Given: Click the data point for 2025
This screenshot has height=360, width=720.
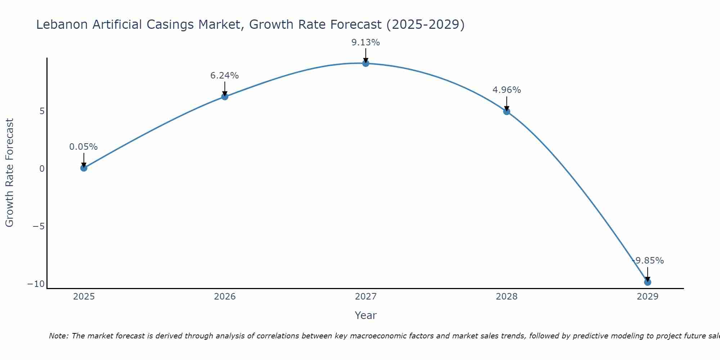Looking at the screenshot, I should (84, 168).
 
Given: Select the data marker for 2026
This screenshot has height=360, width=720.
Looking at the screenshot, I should (225, 96).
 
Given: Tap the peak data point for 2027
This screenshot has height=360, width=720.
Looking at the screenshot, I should (366, 63).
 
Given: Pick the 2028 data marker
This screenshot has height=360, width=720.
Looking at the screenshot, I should (507, 112).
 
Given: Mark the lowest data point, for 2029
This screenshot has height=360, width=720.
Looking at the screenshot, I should (648, 282).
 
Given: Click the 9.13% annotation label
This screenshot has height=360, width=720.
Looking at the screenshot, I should (366, 42).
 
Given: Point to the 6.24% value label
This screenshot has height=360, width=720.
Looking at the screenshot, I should (225, 76).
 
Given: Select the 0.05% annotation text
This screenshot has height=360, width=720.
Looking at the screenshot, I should (84, 147).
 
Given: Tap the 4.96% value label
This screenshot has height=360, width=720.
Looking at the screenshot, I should (507, 90).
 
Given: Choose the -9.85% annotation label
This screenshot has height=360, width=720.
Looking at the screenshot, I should (648, 261).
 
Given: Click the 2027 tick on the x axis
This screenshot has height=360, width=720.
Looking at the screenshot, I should (366, 297).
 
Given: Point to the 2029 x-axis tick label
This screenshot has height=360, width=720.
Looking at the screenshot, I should (648, 297).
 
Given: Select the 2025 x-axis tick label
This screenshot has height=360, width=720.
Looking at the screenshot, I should (84, 297).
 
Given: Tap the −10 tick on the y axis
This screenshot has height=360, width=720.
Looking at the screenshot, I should (36, 284).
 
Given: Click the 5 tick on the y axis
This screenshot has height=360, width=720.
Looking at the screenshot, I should (42, 111).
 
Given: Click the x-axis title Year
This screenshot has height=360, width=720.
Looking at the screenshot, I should (366, 315).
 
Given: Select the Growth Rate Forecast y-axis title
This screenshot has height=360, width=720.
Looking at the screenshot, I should (9, 173).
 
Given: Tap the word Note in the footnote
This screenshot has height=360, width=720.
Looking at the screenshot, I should (58, 336).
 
